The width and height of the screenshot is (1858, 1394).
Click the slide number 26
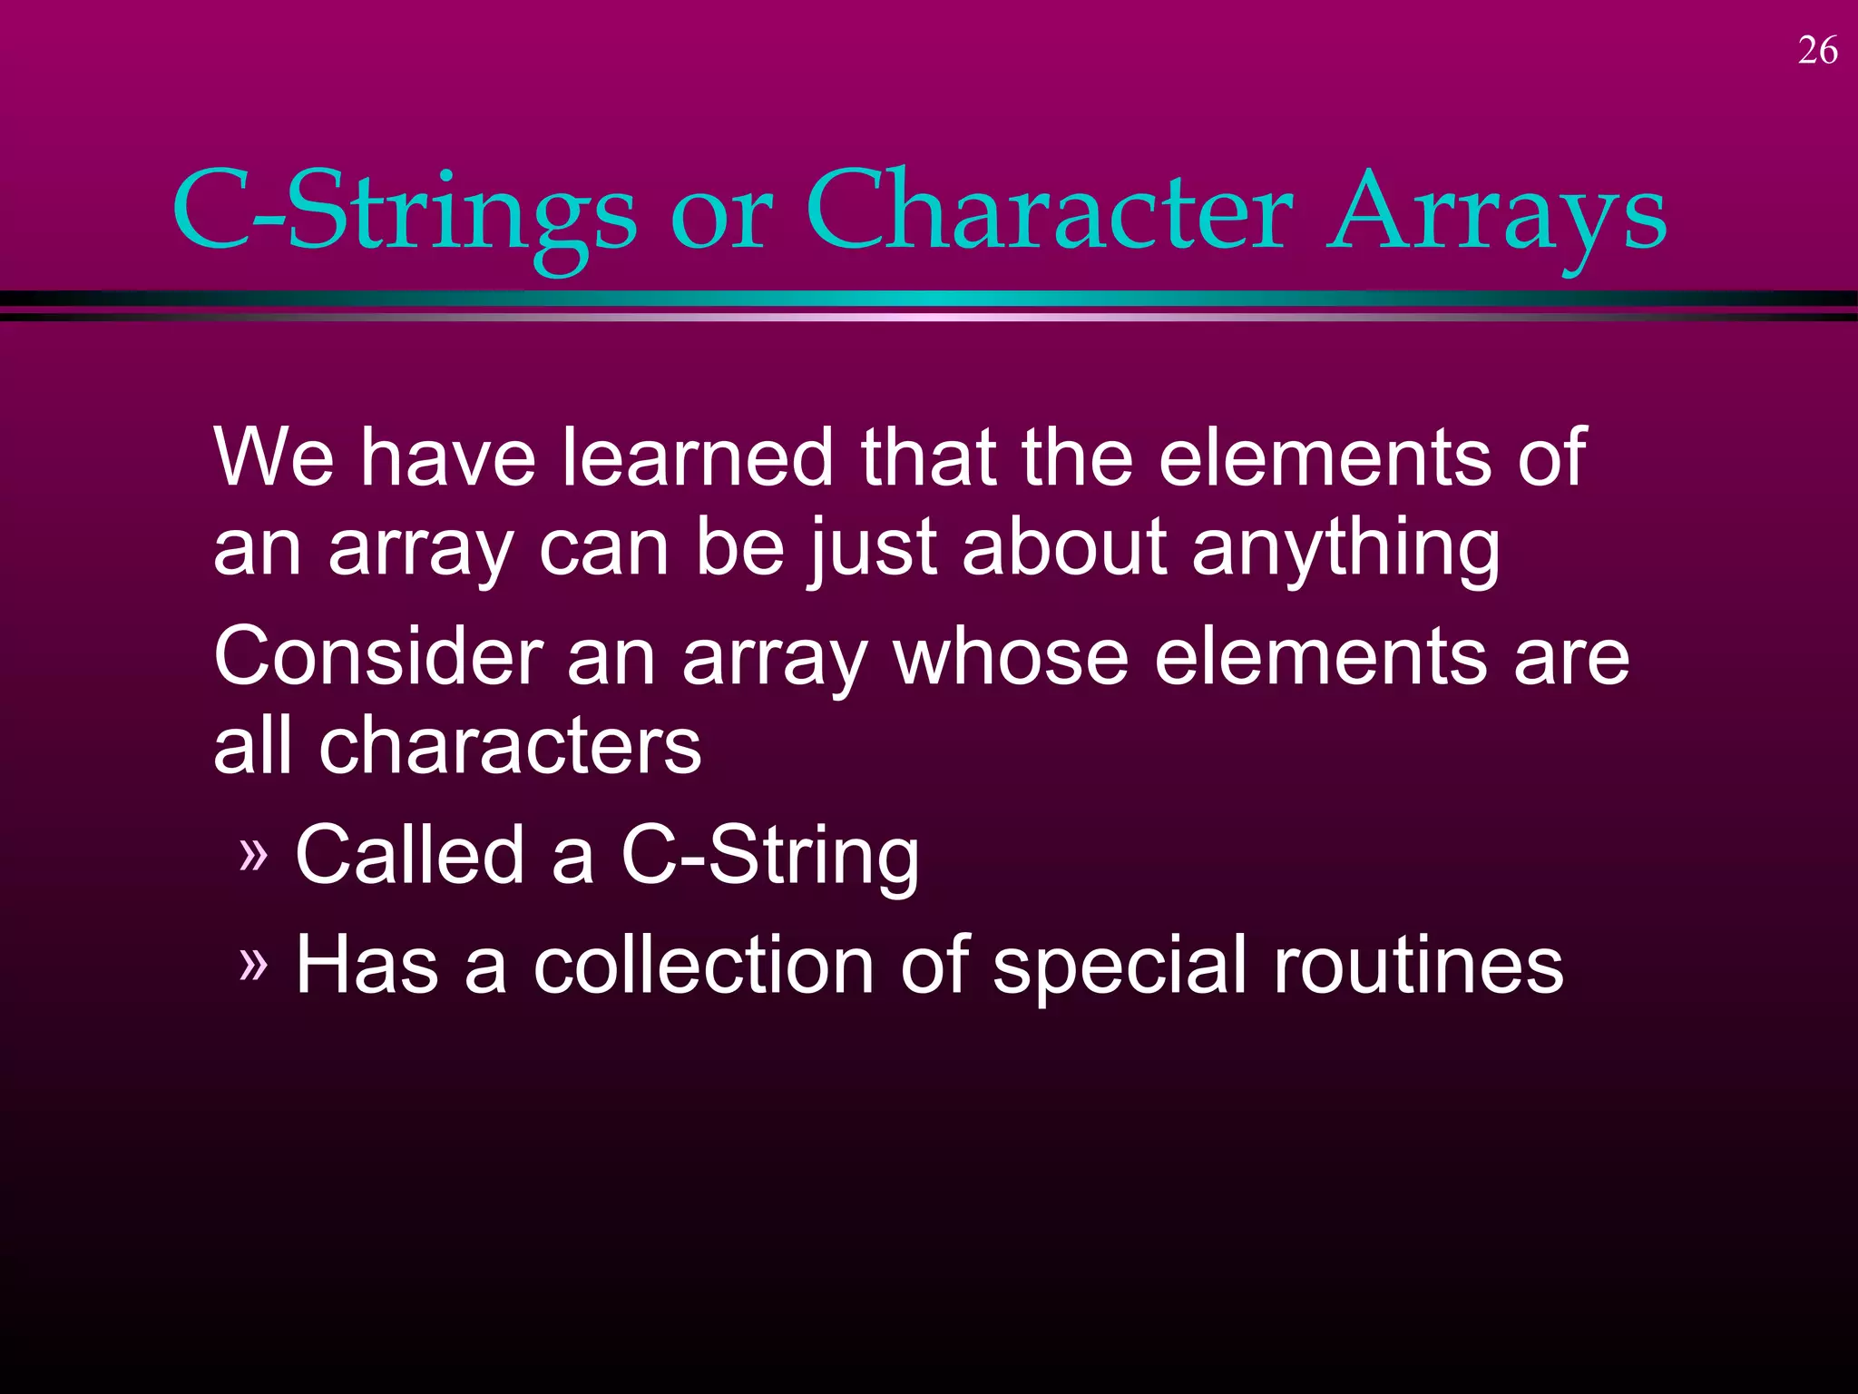1817,51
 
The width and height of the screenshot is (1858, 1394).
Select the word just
872,550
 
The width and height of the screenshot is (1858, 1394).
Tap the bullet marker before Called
254,854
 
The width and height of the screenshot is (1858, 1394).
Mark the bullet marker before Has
254,964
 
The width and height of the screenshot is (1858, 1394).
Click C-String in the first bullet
770,858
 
